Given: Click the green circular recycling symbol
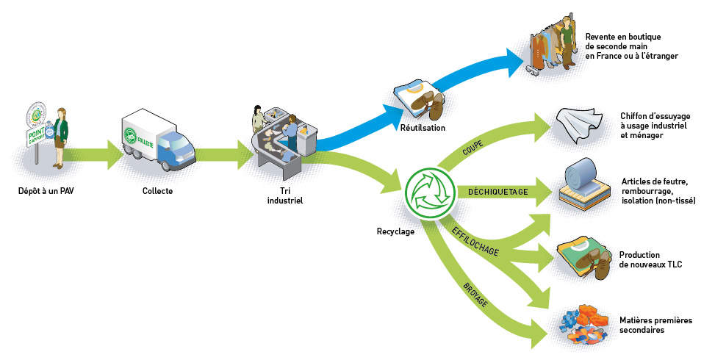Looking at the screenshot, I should click(426, 193).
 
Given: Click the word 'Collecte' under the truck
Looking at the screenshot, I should click(159, 192).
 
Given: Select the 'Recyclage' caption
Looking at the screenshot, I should click(395, 231).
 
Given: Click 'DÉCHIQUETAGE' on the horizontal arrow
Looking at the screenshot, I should click(498, 192).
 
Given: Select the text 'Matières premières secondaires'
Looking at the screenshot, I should click(655, 325).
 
